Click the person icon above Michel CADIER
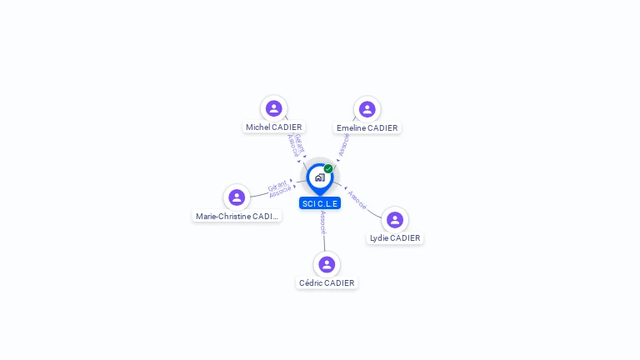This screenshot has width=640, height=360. pos(273,108)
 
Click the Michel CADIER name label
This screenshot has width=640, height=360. pos(273,127)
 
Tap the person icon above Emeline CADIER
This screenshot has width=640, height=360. pos(367,109)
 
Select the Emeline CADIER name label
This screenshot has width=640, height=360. pos(367,128)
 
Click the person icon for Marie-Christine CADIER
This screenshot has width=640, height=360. pos(237,197)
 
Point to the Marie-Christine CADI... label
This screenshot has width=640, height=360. pos(237,217)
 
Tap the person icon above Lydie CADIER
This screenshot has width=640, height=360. pos(395,220)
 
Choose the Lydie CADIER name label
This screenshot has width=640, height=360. pos(395,238)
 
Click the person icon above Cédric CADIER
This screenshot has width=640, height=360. pos(327,264)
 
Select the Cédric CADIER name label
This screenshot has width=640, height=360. pos(327,283)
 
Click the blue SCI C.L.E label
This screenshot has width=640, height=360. pos(320,203)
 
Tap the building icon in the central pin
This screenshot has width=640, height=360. pos(319,177)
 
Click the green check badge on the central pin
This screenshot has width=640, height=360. pos(328,168)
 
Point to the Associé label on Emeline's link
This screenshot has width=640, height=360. pos(344,145)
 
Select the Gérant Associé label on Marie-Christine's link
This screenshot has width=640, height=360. pos(278,189)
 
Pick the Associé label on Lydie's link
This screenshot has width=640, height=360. pos(357,199)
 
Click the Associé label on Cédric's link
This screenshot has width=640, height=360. pos(323,222)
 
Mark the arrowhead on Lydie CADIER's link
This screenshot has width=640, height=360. pos(344,188)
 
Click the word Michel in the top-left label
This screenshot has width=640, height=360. pos(257,127)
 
